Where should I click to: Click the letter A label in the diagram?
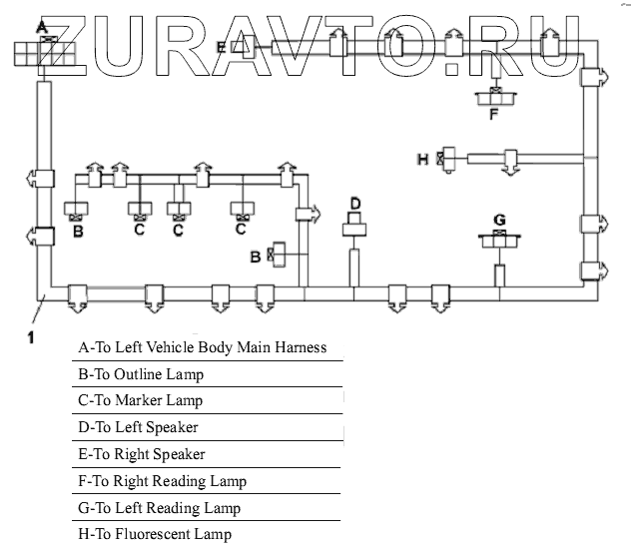pyautogui.click(x=41, y=27)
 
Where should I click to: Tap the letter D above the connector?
pyautogui.click(x=354, y=204)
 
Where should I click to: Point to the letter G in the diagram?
pyautogui.click(x=499, y=219)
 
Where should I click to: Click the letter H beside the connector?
pyautogui.click(x=422, y=159)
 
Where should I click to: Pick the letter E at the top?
pyautogui.click(x=221, y=46)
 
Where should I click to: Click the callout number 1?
pyautogui.click(x=31, y=337)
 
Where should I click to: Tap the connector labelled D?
pyautogui.click(x=354, y=229)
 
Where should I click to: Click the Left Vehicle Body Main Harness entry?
pyautogui.click(x=202, y=347)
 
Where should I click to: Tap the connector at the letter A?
pyautogui.click(x=44, y=47)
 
